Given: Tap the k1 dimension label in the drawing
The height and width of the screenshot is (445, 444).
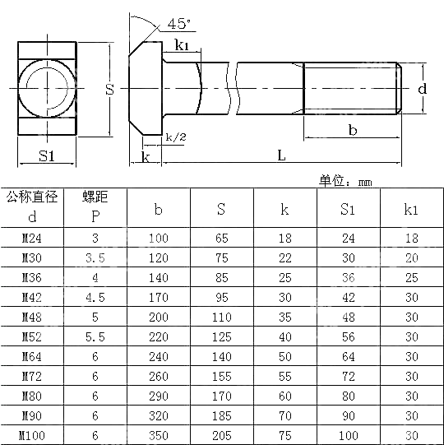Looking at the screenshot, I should click(x=182, y=46).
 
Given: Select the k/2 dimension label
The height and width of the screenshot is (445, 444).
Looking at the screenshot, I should click(x=175, y=137).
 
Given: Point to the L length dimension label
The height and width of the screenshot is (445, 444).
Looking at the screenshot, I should click(x=282, y=155).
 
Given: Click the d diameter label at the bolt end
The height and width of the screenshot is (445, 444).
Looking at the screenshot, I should click(x=421, y=88).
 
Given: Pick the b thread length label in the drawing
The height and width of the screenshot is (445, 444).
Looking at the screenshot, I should click(x=353, y=129).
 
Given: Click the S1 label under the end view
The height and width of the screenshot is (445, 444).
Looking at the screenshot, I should click(x=47, y=155).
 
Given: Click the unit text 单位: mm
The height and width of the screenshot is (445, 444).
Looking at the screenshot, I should click(x=345, y=181).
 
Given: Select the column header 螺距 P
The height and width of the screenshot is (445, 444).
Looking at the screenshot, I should click(x=95, y=206).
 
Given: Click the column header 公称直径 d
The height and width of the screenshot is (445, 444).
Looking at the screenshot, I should click(x=33, y=206).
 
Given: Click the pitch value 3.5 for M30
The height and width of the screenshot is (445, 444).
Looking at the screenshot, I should click(x=95, y=258).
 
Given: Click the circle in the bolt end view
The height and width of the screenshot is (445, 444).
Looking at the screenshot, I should click(x=48, y=88).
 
